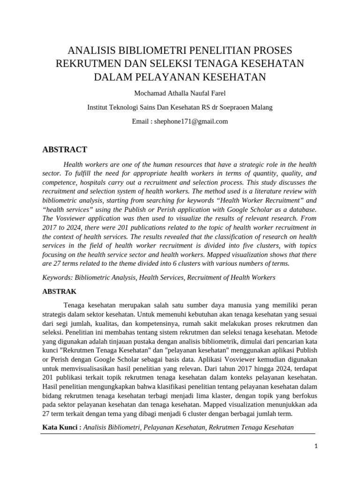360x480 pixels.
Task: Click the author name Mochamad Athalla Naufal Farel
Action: [x=180, y=93]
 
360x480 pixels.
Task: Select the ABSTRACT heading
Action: [x=65, y=150]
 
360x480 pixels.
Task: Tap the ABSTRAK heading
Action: [x=59, y=291]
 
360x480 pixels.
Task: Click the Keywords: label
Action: [x=58, y=277]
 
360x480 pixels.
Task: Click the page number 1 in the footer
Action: [x=316, y=447]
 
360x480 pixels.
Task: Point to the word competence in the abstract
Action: [x=58, y=182]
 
